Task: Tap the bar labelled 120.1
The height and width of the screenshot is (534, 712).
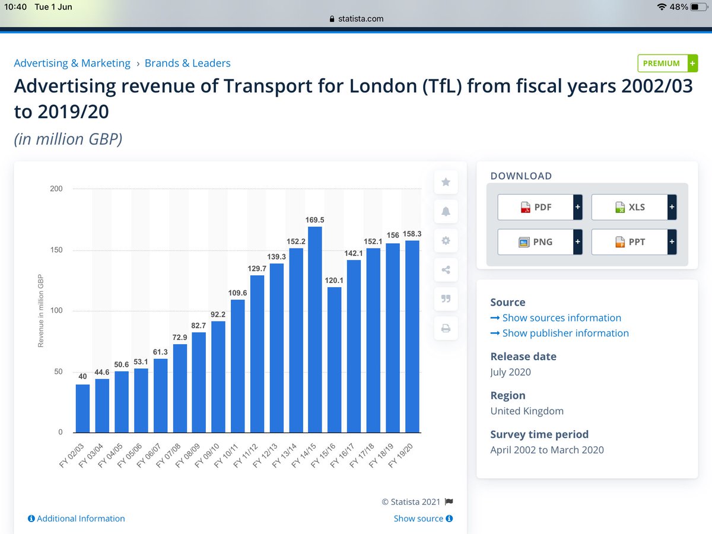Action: pyautogui.click(x=334, y=360)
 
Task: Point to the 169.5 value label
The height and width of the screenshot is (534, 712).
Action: pyautogui.click(x=314, y=220)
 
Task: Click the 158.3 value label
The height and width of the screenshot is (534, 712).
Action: pyautogui.click(x=412, y=234)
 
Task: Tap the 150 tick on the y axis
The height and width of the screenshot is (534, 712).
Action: pyautogui.click(x=56, y=250)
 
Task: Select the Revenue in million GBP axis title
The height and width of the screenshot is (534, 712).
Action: pyautogui.click(x=41, y=310)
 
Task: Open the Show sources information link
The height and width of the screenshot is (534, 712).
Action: pyautogui.click(x=561, y=318)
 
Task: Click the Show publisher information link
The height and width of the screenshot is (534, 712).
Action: pyautogui.click(x=565, y=333)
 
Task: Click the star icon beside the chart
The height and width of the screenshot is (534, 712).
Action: pyautogui.click(x=446, y=182)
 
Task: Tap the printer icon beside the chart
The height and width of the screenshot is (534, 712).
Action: pyautogui.click(x=446, y=328)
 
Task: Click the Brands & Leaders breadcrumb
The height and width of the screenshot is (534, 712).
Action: pyautogui.click(x=187, y=63)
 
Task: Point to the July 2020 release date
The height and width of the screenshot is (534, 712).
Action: pyautogui.click(x=510, y=373)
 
